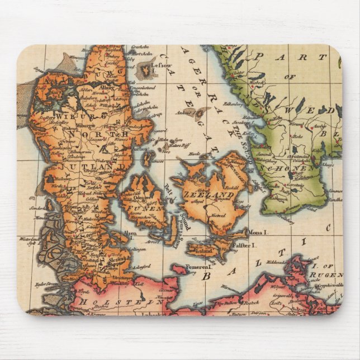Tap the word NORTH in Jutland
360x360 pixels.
click(x=98, y=134)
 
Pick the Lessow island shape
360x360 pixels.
click(x=145, y=69)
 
